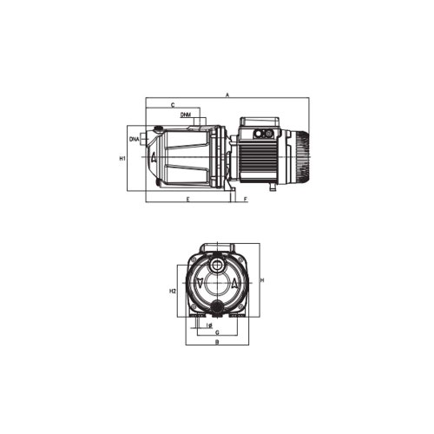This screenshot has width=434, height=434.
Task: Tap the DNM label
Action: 187,115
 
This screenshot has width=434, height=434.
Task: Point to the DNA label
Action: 135,139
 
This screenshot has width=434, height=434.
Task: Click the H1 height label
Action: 122,159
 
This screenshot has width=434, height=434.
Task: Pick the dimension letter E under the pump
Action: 187,200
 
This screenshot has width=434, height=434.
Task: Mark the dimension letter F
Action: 247,200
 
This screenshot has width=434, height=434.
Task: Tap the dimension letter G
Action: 216,332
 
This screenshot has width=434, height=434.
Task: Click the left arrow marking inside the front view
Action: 201,283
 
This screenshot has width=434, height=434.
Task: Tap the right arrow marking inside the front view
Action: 234,283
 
